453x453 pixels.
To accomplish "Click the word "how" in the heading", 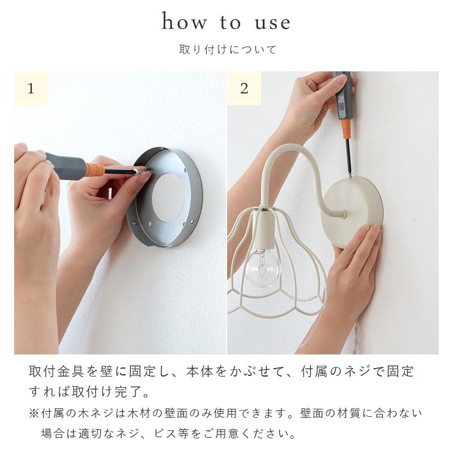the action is coord(185,21).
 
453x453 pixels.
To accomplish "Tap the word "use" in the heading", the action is coord(272,23).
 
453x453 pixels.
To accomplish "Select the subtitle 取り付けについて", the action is coord(228,49).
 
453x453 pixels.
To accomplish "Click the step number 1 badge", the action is coord(31,88).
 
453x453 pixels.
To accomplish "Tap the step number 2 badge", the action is coord(244,88).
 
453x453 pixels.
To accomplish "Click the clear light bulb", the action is coord(262,268).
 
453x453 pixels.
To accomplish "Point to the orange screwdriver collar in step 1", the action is coord(95,169).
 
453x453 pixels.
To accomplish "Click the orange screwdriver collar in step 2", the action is coord(346,129).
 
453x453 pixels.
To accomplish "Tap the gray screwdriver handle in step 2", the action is coord(343,95).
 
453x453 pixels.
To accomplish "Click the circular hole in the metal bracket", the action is coord(168,198).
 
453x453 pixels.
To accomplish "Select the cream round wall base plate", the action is coord(352,212).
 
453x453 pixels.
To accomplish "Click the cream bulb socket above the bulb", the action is coord(264,230).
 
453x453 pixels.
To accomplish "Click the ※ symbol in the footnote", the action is coord(34,413).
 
